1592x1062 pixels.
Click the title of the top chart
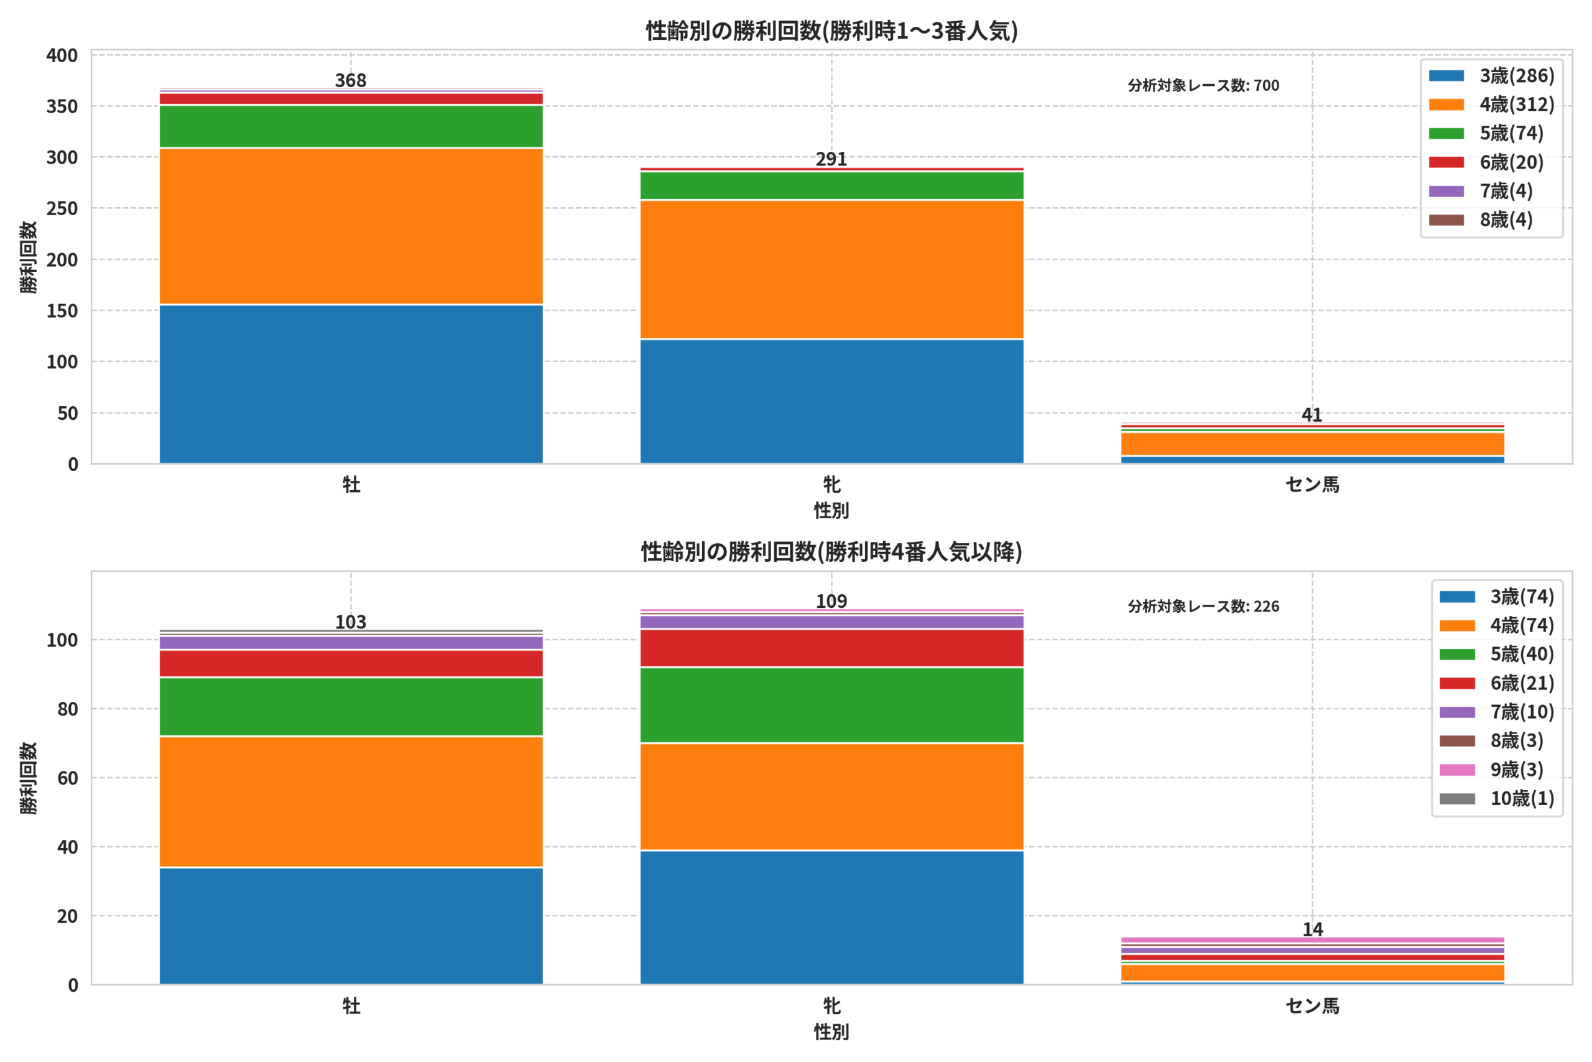[x=831, y=31]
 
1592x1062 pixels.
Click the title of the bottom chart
[x=831, y=552]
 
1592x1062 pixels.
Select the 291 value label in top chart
[x=831, y=159]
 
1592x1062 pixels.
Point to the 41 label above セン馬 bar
[x=1312, y=414]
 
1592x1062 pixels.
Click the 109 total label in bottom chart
[x=831, y=602]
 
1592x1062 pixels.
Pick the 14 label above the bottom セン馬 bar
[x=1312, y=929]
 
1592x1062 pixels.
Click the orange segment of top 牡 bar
[x=351, y=226]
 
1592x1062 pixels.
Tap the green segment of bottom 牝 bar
[x=831, y=705]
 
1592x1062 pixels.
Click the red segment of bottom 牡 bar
[x=351, y=664]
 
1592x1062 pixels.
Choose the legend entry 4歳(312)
[x=1491, y=105]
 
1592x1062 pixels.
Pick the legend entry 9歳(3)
[x=1491, y=770]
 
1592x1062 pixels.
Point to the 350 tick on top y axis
[x=62, y=106]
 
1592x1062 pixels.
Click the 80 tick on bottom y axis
[x=68, y=709]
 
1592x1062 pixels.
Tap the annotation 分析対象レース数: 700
[x=1203, y=85]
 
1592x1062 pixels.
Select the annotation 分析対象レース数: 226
[x=1203, y=606]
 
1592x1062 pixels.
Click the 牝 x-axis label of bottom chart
[x=832, y=1006]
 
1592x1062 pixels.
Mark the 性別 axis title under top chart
[x=831, y=511]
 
